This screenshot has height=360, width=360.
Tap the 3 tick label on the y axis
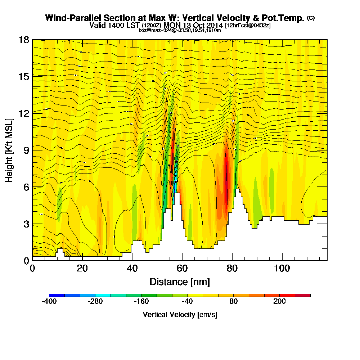coord(26,224)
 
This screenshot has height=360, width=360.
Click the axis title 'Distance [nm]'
coord(180,282)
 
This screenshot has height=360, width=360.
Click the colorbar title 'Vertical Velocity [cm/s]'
coord(180,315)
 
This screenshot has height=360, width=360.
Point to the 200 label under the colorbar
coord(279,302)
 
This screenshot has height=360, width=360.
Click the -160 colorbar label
coord(141,302)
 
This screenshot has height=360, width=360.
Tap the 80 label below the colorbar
coord(233,302)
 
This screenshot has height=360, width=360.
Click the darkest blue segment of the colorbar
coord(57,295)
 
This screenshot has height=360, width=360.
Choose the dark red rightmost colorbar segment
coord(303,295)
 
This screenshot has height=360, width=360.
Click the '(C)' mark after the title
coord(311,18)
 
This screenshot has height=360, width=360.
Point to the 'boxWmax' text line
coord(180,30)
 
